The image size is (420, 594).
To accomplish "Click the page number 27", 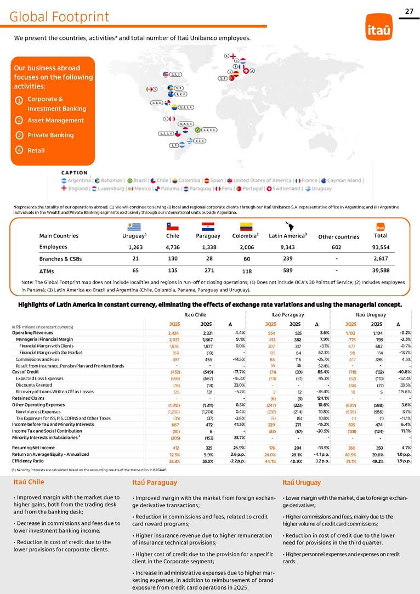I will (x=409, y=11).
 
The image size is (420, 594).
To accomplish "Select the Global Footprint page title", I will (x=59, y=17).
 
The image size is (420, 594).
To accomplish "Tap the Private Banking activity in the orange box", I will (x=51, y=135).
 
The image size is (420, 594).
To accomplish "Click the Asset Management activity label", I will (x=55, y=120).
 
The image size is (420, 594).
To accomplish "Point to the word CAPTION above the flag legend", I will (x=74, y=172).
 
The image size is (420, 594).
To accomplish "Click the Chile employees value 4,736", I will (x=173, y=247).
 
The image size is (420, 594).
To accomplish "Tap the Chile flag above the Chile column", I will (x=173, y=226).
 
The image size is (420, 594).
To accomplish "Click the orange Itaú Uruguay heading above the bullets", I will (x=302, y=482).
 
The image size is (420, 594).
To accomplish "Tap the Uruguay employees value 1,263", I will (x=130, y=247).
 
